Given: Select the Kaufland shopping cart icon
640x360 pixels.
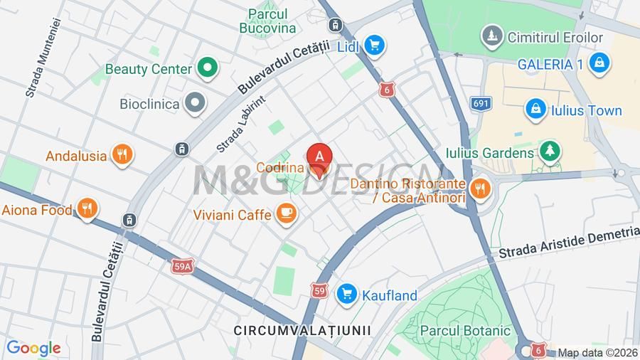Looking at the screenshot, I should [347, 293].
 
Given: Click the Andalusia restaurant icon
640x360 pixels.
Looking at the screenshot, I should [122, 155].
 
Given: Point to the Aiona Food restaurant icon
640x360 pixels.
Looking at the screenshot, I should [87, 209].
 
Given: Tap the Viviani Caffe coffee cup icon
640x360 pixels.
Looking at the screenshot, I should [286, 213].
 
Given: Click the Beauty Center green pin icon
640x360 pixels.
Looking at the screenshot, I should [207, 68].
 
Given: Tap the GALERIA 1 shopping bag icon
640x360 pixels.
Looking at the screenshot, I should [599, 63].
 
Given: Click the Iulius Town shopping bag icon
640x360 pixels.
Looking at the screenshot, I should [535, 110].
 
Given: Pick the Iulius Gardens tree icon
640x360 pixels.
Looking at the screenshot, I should [549, 152].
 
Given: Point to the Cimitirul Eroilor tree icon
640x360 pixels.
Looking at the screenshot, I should [491, 36].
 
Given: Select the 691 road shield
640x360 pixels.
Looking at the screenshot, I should [481, 104].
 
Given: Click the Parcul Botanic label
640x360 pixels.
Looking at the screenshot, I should [465, 330].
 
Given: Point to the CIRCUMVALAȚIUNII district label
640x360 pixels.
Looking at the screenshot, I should [302, 330].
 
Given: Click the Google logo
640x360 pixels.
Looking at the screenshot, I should [33, 348].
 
